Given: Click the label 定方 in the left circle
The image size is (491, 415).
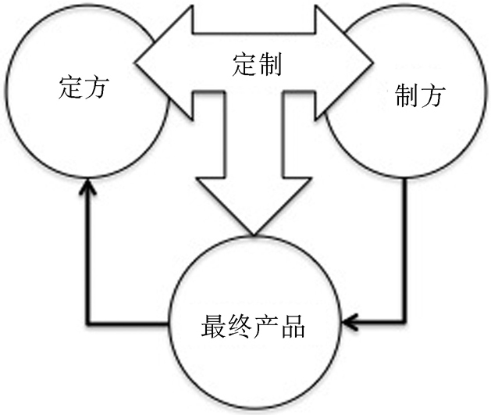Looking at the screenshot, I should (83, 88).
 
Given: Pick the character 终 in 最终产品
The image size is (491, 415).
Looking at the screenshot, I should (238, 323).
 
